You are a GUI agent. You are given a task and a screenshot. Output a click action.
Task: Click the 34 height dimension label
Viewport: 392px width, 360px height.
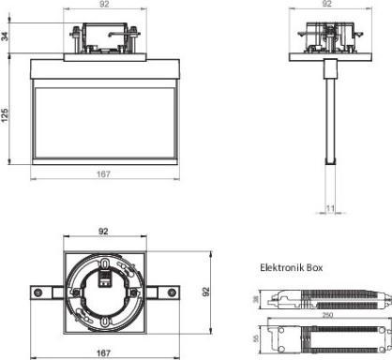tap(7, 37)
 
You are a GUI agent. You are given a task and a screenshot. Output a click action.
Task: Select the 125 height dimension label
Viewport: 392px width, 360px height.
tap(7, 113)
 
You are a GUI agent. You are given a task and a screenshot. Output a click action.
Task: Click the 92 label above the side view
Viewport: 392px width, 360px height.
tap(326, 5)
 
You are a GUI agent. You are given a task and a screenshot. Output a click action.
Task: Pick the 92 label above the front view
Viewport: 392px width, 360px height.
tap(104, 5)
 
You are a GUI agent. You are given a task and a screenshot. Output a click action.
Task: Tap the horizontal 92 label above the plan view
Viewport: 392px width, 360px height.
tap(104, 229)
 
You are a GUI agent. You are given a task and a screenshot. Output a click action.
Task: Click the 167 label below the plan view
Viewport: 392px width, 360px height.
tap(104, 353)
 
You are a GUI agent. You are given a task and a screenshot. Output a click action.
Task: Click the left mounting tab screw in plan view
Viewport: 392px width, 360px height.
tap(37, 293)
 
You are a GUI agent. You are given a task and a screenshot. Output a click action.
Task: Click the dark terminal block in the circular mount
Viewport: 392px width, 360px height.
tap(106, 278)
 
